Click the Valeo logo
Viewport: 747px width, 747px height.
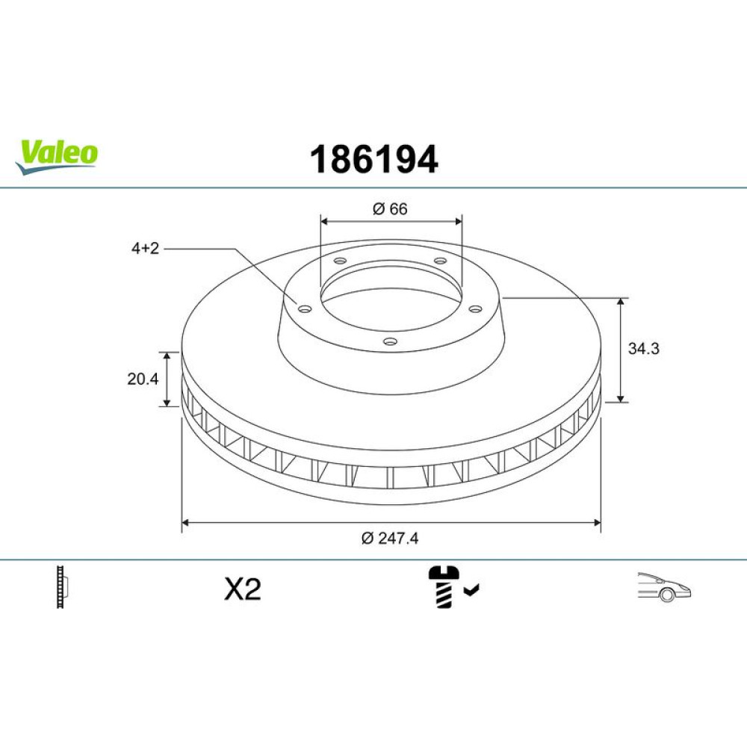click(x=57, y=157)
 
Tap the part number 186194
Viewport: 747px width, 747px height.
click(x=373, y=160)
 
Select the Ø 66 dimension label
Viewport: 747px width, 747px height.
click(x=390, y=208)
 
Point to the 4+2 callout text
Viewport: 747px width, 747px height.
click(x=145, y=248)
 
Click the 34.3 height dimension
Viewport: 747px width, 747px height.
click(x=643, y=348)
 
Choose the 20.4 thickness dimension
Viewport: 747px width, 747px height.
click(x=143, y=379)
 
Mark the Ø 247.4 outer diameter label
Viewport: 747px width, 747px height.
click(x=390, y=539)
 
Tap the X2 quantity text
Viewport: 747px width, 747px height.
click(x=243, y=589)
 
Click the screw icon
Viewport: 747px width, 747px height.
click(x=444, y=587)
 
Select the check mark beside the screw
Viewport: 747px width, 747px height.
click(x=471, y=591)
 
